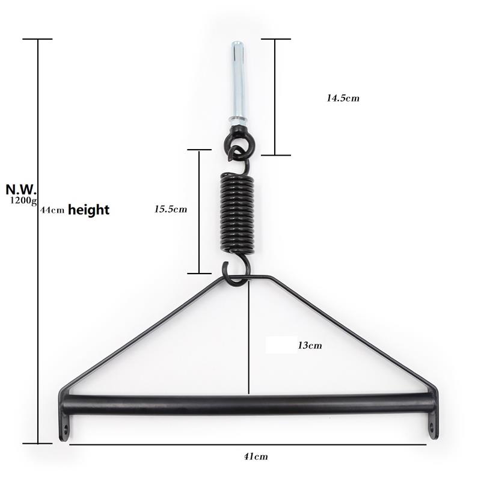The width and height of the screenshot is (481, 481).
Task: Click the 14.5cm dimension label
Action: pyautogui.click(x=343, y=97)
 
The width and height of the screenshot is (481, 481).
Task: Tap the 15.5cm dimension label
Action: pyautogui.click(x=170, y=209)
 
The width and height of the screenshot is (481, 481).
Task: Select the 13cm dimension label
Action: pyautogui.click(x=310, y=345)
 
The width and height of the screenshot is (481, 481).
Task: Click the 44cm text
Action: pyautogui.click(x=52, y=211)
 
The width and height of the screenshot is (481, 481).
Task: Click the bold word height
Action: pyautogui.click(x=88, y=210)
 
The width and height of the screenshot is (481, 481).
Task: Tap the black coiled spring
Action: pyautogui.click(x=237, y=212)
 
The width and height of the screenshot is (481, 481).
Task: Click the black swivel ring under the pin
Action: pyautogui.click(x=239, y=144)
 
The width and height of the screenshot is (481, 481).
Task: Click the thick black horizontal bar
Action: pyautogui.click(x=247, y=403)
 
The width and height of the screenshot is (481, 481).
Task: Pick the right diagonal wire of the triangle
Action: pyautogui.click(x=355, y=334)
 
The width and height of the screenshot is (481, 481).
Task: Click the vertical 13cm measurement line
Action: pyautogui.click(x=248, y=337)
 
